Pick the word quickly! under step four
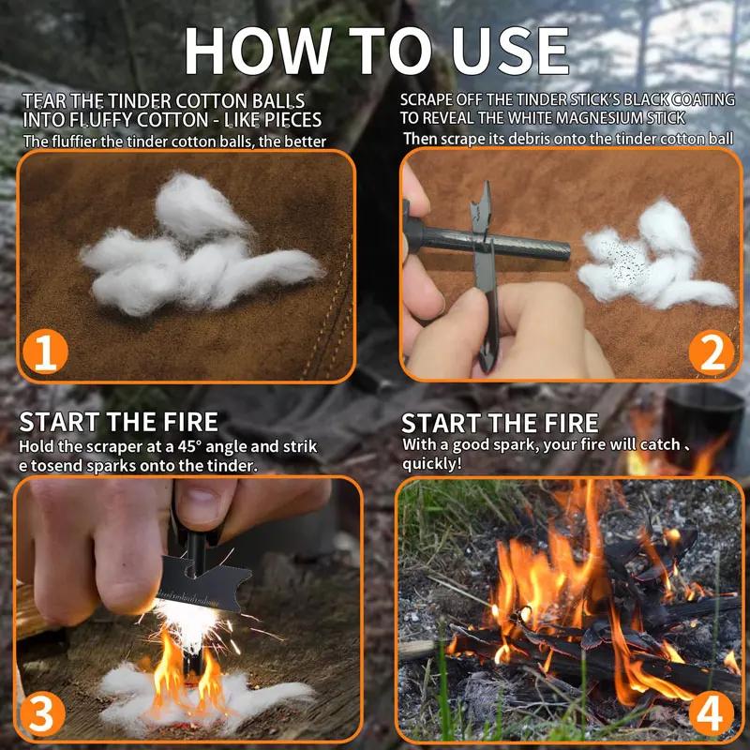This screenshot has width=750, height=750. pos(432,463)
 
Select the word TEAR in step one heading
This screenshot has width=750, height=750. pos(43,100)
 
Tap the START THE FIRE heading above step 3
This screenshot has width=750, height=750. pos(119,421)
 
